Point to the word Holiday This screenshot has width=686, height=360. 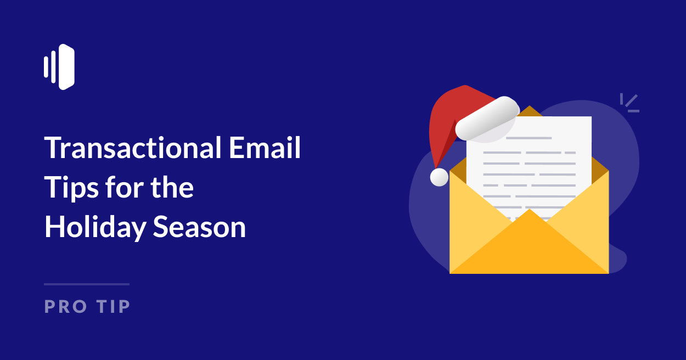(94, 227)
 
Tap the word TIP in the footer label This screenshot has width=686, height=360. (113, 306)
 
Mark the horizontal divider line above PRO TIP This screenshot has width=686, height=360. (87, 284)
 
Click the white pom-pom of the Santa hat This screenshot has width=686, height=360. (439, 177)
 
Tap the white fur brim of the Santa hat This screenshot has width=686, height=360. (487, 117)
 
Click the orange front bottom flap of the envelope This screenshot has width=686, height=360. (529, 247)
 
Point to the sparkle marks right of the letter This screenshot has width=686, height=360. (630, 103)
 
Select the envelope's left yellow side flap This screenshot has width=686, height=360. (472, 220)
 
